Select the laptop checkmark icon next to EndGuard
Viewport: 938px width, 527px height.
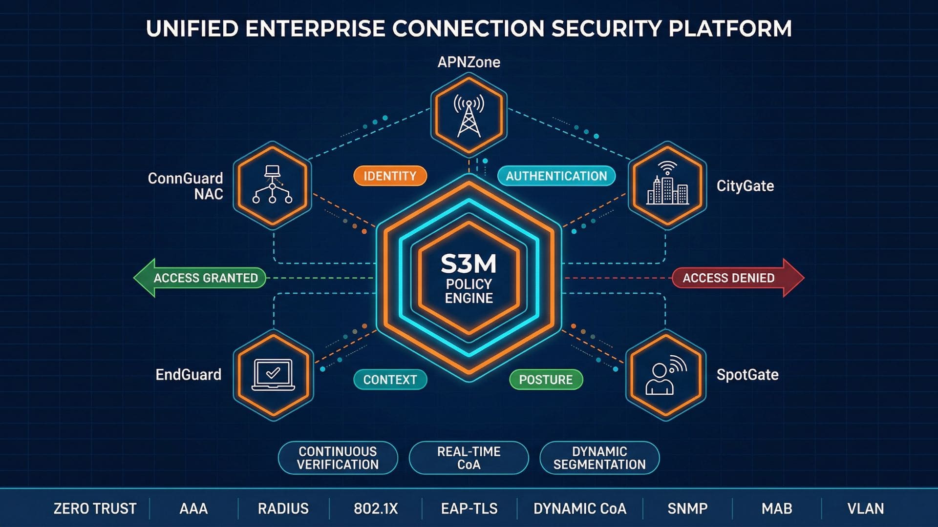click(273, 375)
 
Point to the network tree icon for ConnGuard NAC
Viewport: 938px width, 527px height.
click(272, 185)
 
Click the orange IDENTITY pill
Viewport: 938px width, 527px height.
click(390, 176)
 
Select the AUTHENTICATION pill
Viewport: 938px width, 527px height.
click(556, 176)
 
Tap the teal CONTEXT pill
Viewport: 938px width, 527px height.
click(390, 380)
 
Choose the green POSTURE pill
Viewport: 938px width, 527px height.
click(546, 380)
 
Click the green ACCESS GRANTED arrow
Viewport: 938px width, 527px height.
click(201, 278)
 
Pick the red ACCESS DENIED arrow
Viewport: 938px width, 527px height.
click(737, 278)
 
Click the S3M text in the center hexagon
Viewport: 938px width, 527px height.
click(469, 264)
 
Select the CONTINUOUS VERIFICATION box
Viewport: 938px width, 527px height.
click(338, 458)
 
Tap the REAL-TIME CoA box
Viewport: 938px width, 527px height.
click(469, 458)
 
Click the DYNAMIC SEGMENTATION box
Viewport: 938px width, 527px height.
click(599, 458)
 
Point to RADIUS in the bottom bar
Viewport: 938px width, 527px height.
click(283, 508)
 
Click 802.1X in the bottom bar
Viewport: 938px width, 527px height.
click(376, 508)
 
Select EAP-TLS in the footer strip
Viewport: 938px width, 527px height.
click(469, 508)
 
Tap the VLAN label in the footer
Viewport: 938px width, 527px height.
click(865, 508)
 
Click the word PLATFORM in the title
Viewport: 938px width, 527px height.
click(730, 29)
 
